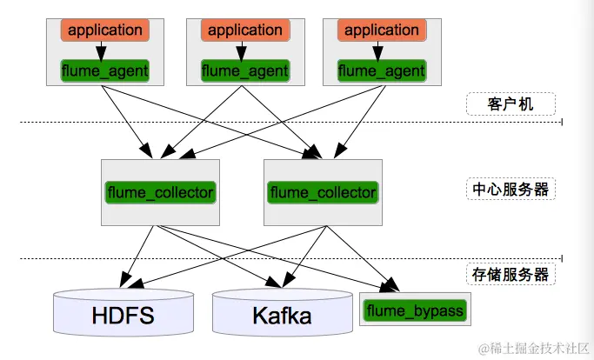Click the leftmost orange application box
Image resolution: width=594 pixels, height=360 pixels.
[x=104, y=30]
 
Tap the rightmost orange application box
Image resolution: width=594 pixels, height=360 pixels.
[x=382, y=30]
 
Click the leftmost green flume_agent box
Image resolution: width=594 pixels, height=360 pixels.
[x=104, y=70]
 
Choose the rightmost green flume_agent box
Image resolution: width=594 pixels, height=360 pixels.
[x=382, y=70]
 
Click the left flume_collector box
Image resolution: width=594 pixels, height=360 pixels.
[x=160, y=192]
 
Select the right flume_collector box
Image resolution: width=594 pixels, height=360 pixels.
[x=323, y=192]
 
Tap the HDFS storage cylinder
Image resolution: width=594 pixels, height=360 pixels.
[x=123, y=315]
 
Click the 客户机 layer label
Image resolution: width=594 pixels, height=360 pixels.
[x=511, y=104]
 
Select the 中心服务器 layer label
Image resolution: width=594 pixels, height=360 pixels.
[x=511, y=189]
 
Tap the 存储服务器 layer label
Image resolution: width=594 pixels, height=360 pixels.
[x=511, y=275]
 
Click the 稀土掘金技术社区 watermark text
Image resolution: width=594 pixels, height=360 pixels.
[x=532, y=346]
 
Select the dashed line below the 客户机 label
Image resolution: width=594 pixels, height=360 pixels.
[x=261, y=123]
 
